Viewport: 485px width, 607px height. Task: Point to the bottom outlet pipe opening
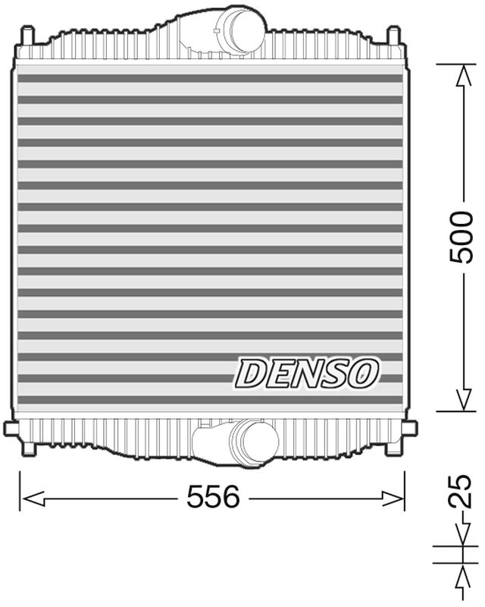(255, 441)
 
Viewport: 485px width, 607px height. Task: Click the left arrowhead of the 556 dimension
(29, 498)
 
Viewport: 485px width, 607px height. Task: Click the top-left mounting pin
(28, 36)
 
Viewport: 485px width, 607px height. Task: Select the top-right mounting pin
(393, 36)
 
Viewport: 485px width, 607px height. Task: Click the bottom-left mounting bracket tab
(11, 429)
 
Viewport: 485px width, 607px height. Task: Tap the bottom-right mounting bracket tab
(410, 429)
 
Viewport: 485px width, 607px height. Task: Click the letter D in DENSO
(250, 373)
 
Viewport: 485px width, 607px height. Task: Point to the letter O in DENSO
(365, 372)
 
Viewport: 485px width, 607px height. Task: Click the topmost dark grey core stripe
(208, 77)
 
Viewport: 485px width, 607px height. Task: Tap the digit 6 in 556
(229, 498)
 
